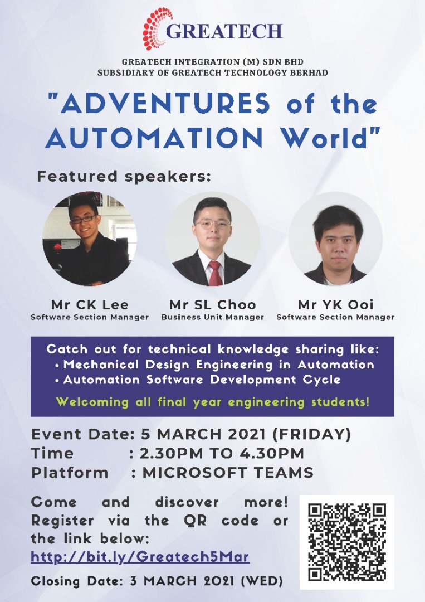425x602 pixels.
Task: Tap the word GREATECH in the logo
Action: tap(224, 31)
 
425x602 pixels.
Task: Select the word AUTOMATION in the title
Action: tap(154, 138)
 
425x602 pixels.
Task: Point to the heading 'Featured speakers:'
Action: tap(124, 177)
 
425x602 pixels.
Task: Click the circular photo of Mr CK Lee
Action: tap(89, 239)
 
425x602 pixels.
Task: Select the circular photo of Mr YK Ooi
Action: tap(336, 239)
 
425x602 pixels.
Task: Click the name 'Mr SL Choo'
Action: tap(213, 305)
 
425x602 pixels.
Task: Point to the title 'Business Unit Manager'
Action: tap(213, 317)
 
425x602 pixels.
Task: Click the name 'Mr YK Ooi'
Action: tap(336, 305)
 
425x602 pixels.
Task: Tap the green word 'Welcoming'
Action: tap(92, 402)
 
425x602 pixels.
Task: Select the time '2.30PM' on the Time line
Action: tap(171, 453)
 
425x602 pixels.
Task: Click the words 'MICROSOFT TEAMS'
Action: tap(228, 473)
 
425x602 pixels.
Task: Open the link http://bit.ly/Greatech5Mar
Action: tap(140, 557)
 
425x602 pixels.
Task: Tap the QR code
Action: tap(347, 542)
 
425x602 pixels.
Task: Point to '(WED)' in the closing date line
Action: tap(262, 581)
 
